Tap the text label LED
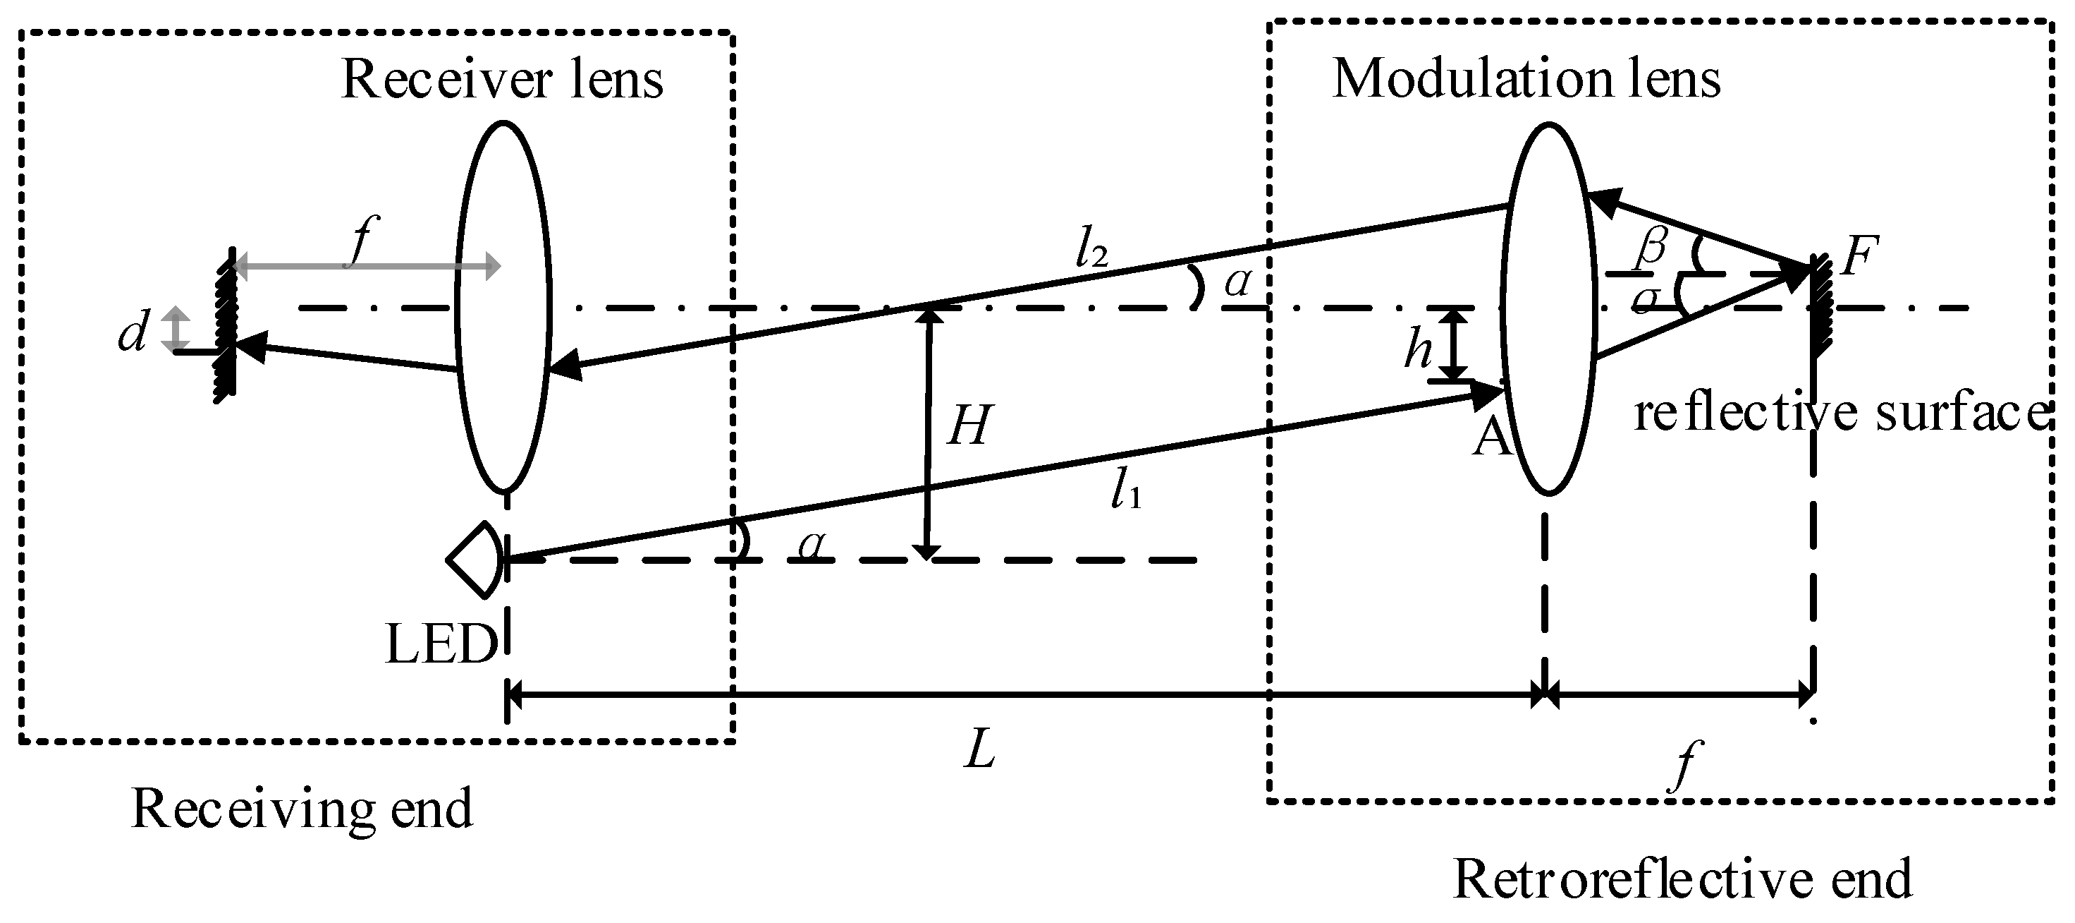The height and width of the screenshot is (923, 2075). pyautogui.click(x=441, y=646)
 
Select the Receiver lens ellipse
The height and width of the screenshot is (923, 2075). pyautogui.click(x=503, y=306)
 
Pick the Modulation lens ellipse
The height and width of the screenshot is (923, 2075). pyautogui.click(x=1548, y=309)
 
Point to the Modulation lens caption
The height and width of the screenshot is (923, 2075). pyautogui.click(x=1526, y=79)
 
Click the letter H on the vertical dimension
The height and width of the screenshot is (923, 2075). pyautogui.click(x=968, y=425)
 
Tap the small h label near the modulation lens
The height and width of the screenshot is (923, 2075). pyautogui.click(x=1419, y=350)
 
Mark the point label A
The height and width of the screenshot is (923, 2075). pyautogui.click(x=1491, y=440)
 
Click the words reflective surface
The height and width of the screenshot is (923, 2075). pyautogui.click(x=1839, y=414)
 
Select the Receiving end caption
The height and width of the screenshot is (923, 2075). pyautogui.click(x=301, y=809)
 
